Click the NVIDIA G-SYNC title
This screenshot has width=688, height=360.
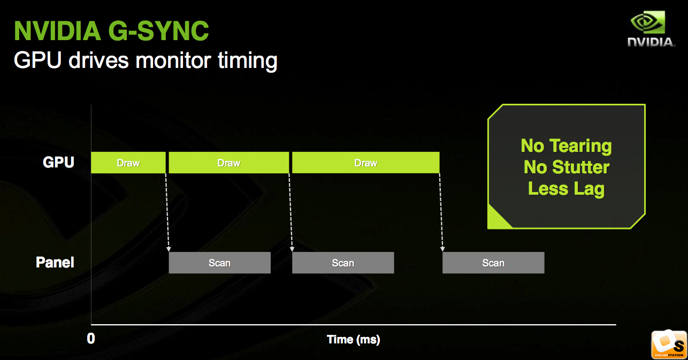pos(111,30)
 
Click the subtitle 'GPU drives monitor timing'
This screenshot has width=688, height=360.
pos(146,61)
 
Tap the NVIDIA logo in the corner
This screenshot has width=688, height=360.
pos(651,29)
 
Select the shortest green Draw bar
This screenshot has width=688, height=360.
pos(128,163)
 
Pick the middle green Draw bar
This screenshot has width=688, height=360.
pos(229,163)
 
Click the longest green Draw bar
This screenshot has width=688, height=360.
pos(366,163)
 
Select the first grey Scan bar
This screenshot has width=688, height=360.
pos(219,263)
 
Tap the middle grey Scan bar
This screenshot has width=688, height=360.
pos(343,263)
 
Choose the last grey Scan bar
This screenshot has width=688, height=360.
pos(493,263)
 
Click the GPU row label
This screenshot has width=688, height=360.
pos(58,162)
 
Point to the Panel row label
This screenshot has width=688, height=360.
pos(55,262)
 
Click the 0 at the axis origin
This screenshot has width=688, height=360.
pos(91,339)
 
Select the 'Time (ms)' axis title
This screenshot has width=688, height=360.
pos(353,340)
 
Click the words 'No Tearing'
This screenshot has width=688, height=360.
pos(567,146)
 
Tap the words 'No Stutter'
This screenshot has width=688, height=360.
pos(567,167)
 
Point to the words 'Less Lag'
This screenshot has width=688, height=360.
pos(567,189)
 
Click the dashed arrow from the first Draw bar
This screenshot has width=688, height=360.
pos(167,212)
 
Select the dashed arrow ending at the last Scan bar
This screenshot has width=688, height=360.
pos(441,212)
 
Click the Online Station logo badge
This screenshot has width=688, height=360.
pos(669,344)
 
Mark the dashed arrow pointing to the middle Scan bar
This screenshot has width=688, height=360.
pos(291,212)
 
